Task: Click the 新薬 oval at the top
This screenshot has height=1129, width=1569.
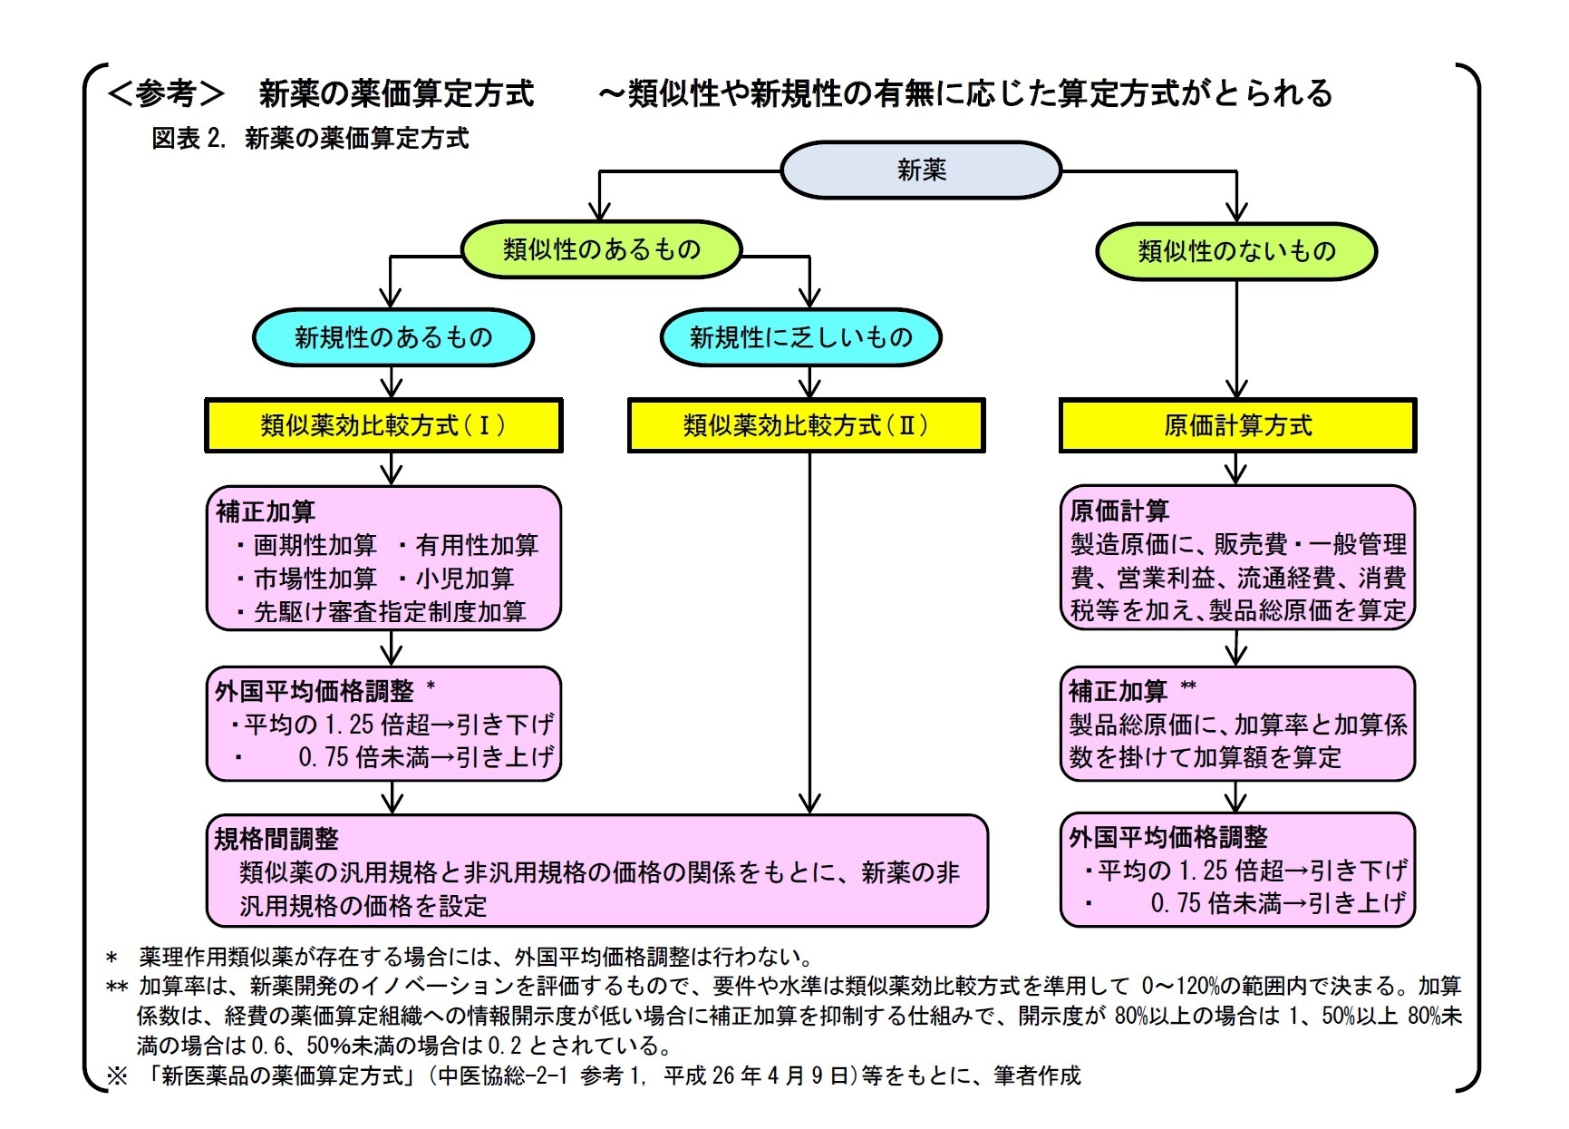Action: [921, 170]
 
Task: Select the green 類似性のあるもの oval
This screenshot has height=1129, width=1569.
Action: [602, 249]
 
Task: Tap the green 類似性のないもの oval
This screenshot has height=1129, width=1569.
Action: [1236, 251]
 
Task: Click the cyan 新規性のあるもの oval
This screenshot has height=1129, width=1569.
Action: [392, 337]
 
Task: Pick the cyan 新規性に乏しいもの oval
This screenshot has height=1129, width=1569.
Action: [801, 337]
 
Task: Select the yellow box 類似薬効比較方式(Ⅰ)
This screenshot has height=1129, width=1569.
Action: [383, 425]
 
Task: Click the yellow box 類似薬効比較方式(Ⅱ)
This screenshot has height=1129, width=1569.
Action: [806, 425]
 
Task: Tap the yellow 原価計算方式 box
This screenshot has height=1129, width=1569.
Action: [1237, 425]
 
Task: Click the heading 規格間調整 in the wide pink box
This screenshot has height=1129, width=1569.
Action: [276, 839]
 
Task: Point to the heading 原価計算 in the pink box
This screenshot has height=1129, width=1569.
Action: [1119, 511]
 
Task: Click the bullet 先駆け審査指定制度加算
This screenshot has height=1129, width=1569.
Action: [390, 612]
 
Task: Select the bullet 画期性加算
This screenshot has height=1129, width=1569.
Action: [314, 545]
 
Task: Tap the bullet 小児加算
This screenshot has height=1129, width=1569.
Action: [464, 579]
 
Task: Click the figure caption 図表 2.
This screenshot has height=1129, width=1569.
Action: [189, 139]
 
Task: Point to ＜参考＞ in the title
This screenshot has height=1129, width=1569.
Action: [166, 93]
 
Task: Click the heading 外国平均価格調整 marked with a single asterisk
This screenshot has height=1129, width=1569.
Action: [314, 691]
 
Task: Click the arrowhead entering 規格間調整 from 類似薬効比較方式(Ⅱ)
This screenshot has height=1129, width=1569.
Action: [809, 803]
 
